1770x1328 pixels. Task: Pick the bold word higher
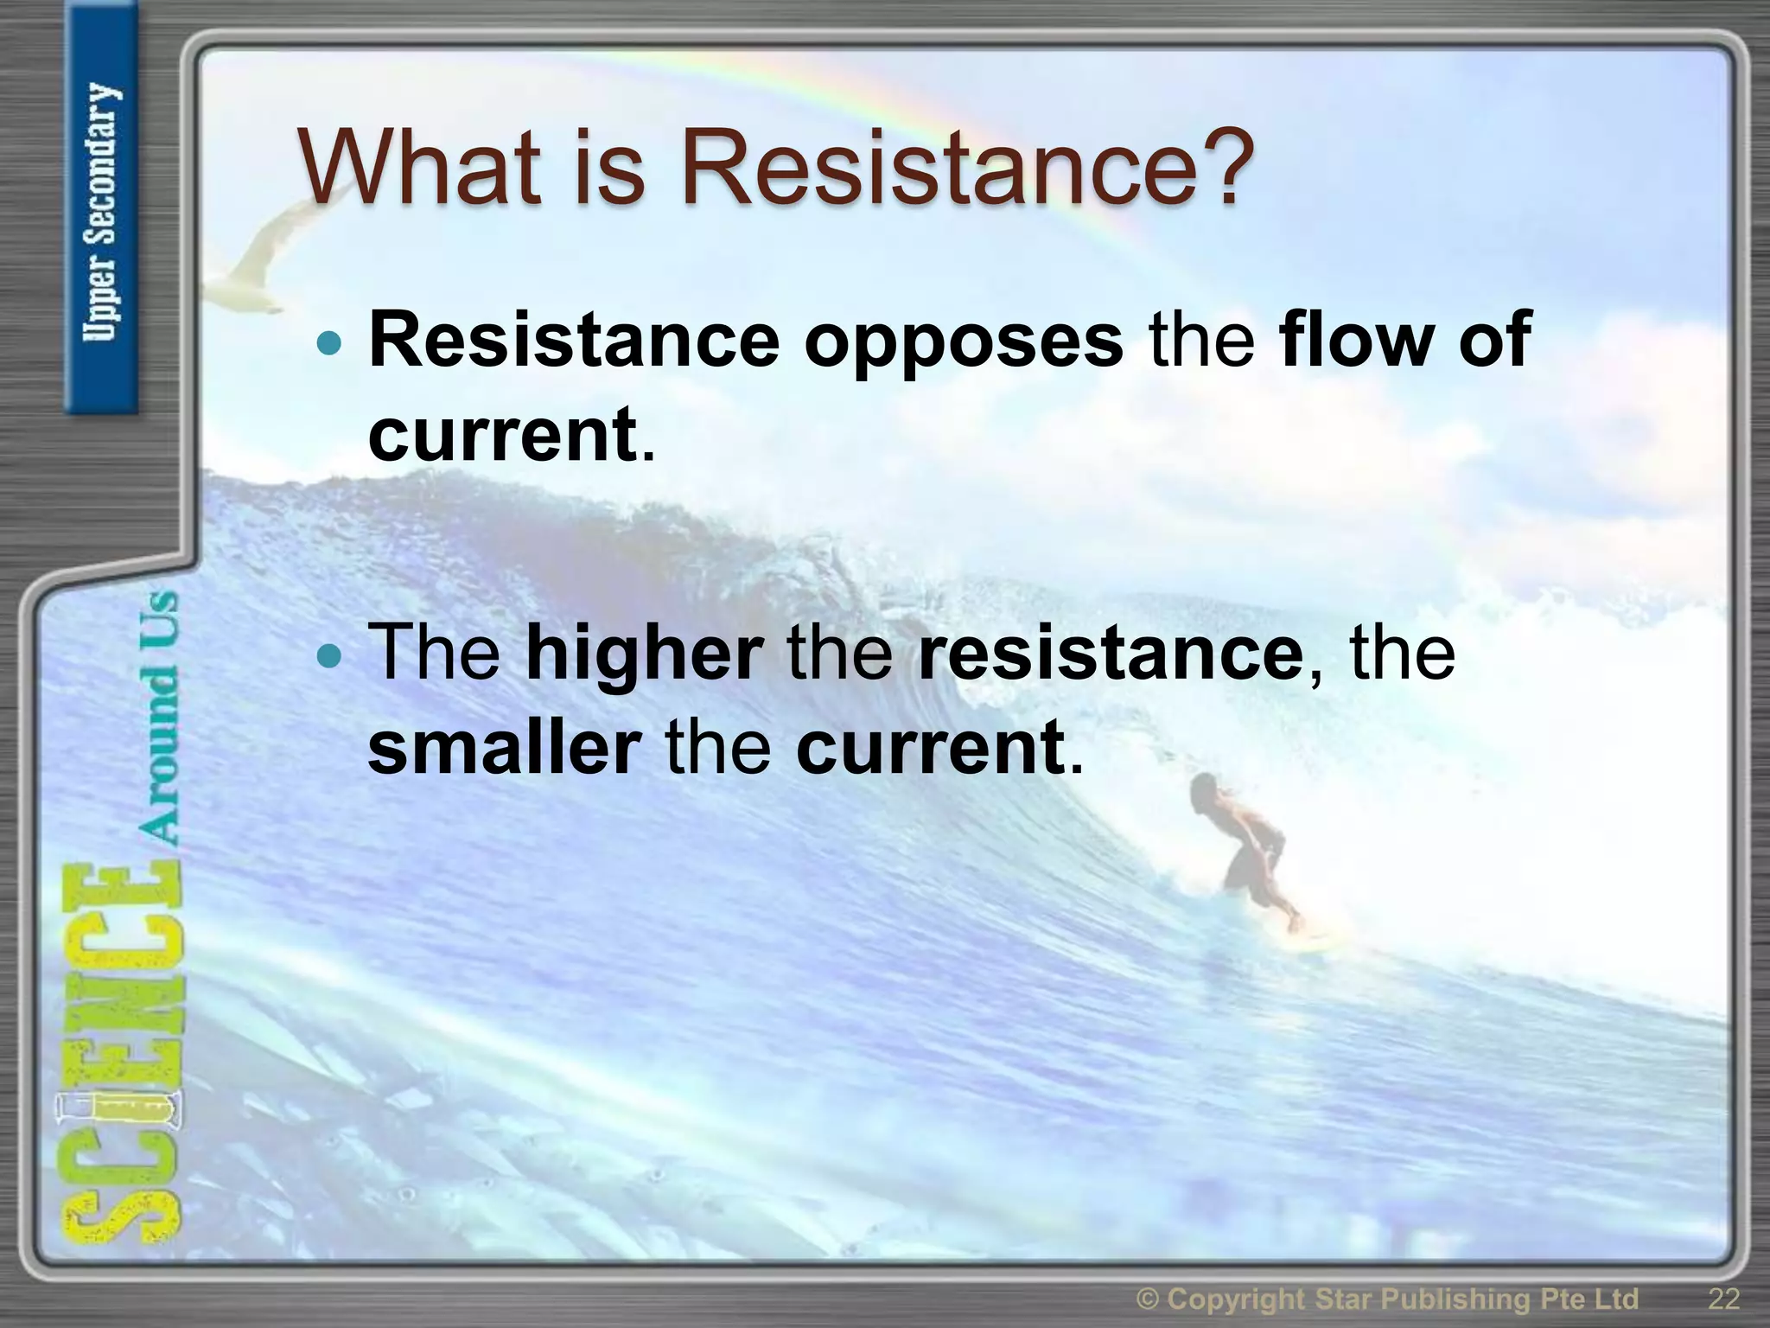click(x=644, y=654)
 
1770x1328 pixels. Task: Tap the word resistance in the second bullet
click(x=1110, y=654)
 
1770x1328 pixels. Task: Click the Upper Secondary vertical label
click(x=102, y=212)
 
